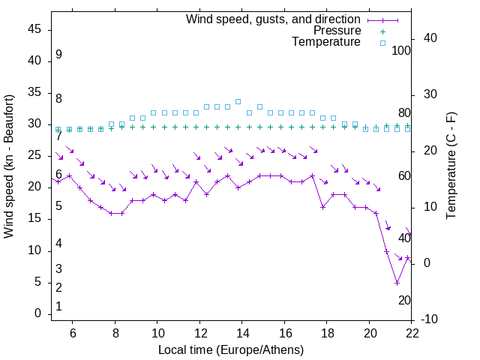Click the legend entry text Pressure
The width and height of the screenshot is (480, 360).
[x=337, y=31]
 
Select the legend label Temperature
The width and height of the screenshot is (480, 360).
[x=326, y=42]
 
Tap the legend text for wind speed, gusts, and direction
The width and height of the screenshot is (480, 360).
[x=273, y=19]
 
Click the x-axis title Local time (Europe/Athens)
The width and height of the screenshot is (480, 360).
[x=231, y=350]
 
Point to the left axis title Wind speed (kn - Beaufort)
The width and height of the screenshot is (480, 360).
[x=9, y=166]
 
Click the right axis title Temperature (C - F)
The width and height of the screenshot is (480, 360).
[x=451, y=166]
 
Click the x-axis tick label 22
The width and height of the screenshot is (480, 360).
[x=412, y=333]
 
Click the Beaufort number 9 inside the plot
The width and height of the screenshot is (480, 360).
[x=58, y=55]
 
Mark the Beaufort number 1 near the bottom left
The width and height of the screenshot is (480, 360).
[x=58, y=307]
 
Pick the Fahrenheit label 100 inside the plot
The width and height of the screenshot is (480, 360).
[x=402, y=51]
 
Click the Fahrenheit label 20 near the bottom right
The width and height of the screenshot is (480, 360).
[x=404, y=300]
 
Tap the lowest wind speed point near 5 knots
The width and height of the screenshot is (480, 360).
[x=397, y=283]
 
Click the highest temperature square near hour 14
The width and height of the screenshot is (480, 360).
[x=238, y=101]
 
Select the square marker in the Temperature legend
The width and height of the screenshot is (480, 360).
[x=382, y=43]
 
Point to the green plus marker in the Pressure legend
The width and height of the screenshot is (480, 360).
[x=382, y=31]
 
